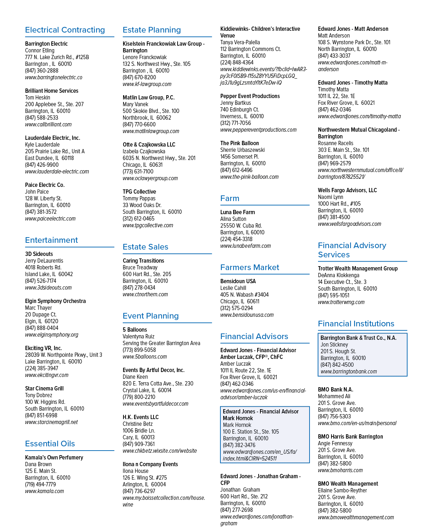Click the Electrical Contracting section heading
point(65,30)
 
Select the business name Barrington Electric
point(46,44)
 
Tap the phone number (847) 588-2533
point(41,118)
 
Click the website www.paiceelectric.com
point(50,218)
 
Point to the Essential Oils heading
point(50,444)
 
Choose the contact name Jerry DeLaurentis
point(44,261)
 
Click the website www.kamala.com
point(45,491)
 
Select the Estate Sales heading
point(145,247)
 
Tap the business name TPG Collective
point(139,191)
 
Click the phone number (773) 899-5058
point(139,350)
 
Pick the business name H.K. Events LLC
point(140,417)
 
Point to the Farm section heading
point(230,198)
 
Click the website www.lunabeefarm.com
point(246,246)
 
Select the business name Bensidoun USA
point(238,281)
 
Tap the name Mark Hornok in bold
point(238,418)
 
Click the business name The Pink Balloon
point(239,143)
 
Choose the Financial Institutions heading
point(356,324)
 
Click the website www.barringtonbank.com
point(349,371)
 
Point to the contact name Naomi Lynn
point(330,197)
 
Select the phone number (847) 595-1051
point(334,295)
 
